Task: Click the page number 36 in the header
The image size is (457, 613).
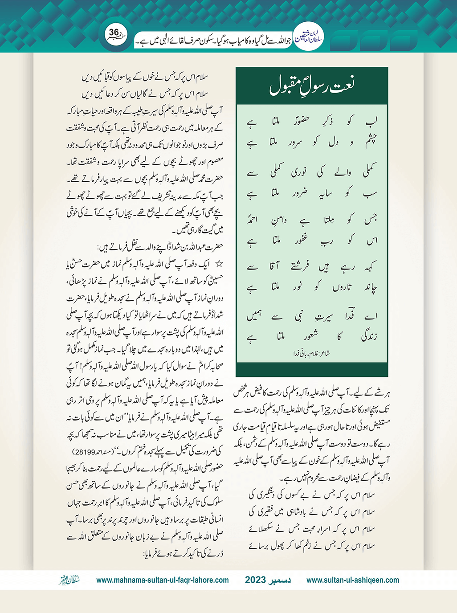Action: click(x=114, y=32)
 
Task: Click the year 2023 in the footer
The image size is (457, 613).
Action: click(x=255, y=580)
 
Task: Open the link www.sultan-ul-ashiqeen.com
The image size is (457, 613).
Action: click(x=353, y=580)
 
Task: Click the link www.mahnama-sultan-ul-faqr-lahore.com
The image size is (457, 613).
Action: click(x=163, y=580)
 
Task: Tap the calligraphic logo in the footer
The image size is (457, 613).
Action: click(x=69, y=580)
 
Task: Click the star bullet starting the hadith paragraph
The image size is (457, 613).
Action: click(x=219, y=264)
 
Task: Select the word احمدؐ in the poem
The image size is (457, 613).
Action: click(x=253, y=220)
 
